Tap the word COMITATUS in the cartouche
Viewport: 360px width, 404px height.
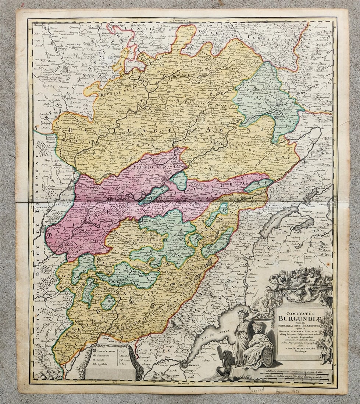click(x=300, y=313)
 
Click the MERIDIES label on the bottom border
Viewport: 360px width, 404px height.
click(x=183, y=383)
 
